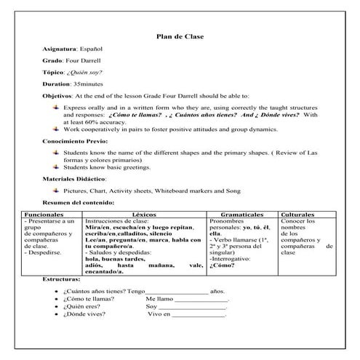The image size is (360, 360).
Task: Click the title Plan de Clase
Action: click(180, 37)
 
